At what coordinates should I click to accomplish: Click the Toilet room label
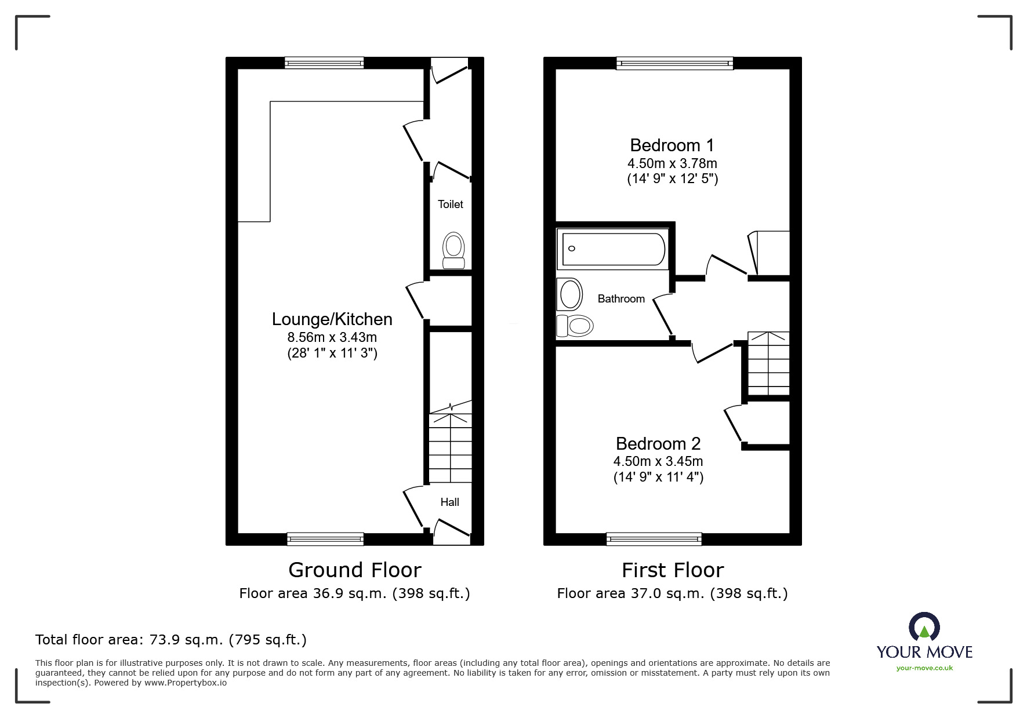(x=451, y=204)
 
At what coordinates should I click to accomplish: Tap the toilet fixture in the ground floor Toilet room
(x=453, y=251)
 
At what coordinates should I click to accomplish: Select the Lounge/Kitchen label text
(x=332, y=319)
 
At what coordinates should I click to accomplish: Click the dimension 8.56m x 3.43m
(x=332, y=337)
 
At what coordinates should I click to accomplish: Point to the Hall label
(x=449, y=502)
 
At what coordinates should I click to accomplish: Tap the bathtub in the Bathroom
(x=613, y=249)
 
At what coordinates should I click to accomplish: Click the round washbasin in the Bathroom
(x=570, y=295)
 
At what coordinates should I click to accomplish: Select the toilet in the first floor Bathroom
(x=575, y=326)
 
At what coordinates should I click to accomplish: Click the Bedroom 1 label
(x=672, y=145)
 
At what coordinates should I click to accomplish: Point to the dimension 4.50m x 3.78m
(x=672, y=163)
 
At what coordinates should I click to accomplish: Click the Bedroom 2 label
(x=658, y=443)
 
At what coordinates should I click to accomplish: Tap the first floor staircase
(x=768, y=363)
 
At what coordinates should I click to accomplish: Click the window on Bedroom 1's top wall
(x=674, y=63)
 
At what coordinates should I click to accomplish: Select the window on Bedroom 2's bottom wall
(x=654, y=539)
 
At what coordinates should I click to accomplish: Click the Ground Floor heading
(x=354, y=570)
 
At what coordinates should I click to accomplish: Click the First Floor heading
(x=673, y=570)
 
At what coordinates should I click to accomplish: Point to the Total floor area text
(x=171, y=640)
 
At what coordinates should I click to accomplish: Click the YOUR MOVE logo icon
(x=924, y=628)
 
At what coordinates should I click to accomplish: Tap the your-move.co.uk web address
(x=924, y=668)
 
